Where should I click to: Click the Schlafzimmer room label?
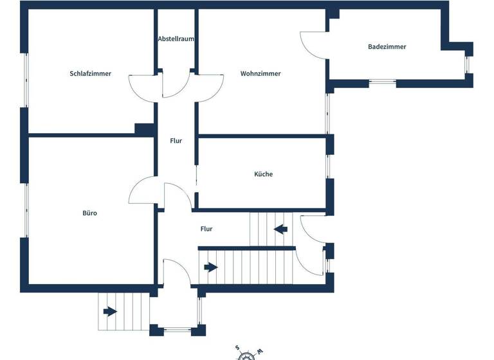(90, 73)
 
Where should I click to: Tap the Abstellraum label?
(176, 39)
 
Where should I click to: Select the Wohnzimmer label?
(261, 73)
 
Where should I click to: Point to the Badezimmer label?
(387, 46)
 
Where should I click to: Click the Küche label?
(263, 174)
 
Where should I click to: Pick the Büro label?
(89, 213)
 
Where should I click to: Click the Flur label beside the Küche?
(176, 141)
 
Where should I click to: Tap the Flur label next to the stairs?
(206, 228)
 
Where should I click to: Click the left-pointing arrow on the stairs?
(280, 228)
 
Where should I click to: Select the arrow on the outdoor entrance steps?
(110, 312)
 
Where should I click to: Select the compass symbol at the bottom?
(248, 353)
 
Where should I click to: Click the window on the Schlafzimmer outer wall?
(26, 80)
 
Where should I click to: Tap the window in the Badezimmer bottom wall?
(383, 82)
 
